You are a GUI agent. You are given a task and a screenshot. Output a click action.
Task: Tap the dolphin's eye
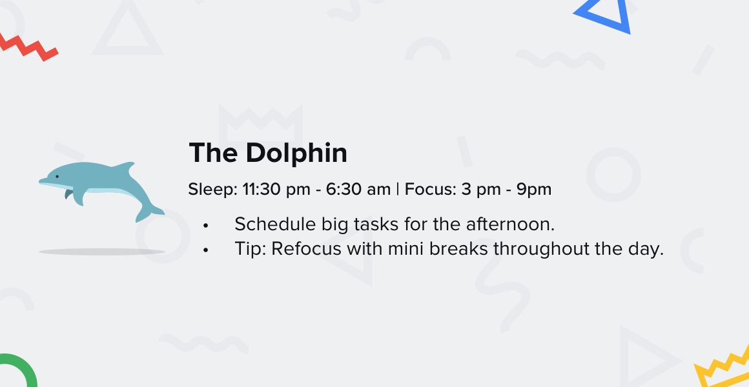[x=57, y=177]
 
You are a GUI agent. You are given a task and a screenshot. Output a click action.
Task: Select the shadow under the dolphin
[x=101, y=252]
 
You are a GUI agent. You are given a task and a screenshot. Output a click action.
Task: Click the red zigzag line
[x=28, y=46]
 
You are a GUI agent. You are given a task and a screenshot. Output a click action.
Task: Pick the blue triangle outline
[x=604, y=16]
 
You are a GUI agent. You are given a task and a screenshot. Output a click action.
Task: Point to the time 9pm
[x=534, y=190]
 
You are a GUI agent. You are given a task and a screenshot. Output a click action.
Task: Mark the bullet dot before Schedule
[x=206, y=226]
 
